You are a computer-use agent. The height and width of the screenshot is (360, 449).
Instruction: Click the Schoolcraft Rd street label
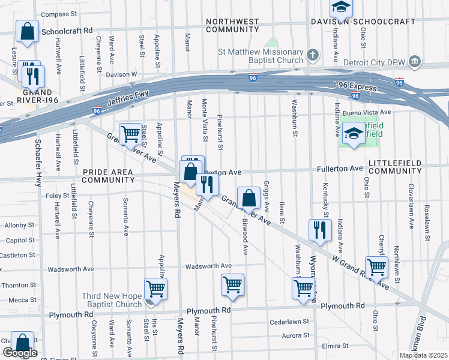(67, 30)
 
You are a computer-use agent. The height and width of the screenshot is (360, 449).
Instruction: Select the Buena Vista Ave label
(363, 112)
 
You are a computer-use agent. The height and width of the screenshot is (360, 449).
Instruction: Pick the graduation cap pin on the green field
(354, 134)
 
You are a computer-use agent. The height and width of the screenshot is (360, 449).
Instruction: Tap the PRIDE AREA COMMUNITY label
(108, 176)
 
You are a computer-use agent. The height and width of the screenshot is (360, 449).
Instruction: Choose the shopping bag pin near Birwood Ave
(248, 198)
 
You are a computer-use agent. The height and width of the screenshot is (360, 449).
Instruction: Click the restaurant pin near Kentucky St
(320, 230)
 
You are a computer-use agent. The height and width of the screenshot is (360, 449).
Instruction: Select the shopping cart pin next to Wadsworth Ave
(232, 286)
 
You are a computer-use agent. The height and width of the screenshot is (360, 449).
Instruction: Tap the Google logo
(20, 353)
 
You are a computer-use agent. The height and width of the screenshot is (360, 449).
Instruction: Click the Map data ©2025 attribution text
(423, 355)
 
